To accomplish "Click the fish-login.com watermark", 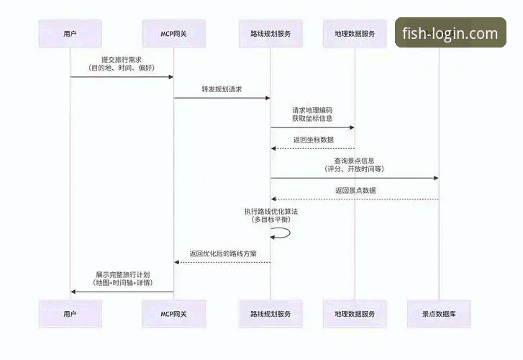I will pyautogui.click(x=450, y=33).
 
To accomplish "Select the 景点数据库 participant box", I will pyautogui.click(x=439, y=314).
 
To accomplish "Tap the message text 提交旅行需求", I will pyautogui.click(x=121, y=59).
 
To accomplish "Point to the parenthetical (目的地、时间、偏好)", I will pyautogui.click(x=121, y=68).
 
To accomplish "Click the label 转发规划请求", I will pyautogui.click(x=222, y=89).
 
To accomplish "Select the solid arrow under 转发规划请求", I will pyautogui.click(x=222, y=98).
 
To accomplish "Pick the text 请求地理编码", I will pyautogui.click(x=312, y=110).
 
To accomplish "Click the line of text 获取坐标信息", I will pyautogui.click(x=312, y=118).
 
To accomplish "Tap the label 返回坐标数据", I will pyautogui.click(x=313, y=140).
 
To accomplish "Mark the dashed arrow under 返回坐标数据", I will pyautogui.click(x=313, y=148).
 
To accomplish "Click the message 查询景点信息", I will pyautogui.click(x=354, y=161).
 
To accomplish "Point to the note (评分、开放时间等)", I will pyautogui.click(x=354, y=168).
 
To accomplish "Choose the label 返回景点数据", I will pyautogui.click(x=355, y=190).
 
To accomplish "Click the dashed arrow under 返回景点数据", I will pyautogui.click(x=355, y=199).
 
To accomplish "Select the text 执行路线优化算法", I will pyautogui.click(x=270, y=211).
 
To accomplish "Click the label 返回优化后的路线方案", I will pyautogui.click(x=223, y=253).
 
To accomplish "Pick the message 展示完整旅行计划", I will pyautogui.click(x=122, y=275).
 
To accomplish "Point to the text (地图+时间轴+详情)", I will pyautogui.click(x=122, y=283).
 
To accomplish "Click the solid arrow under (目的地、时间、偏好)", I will pyautogui.click(x=121, y=77).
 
